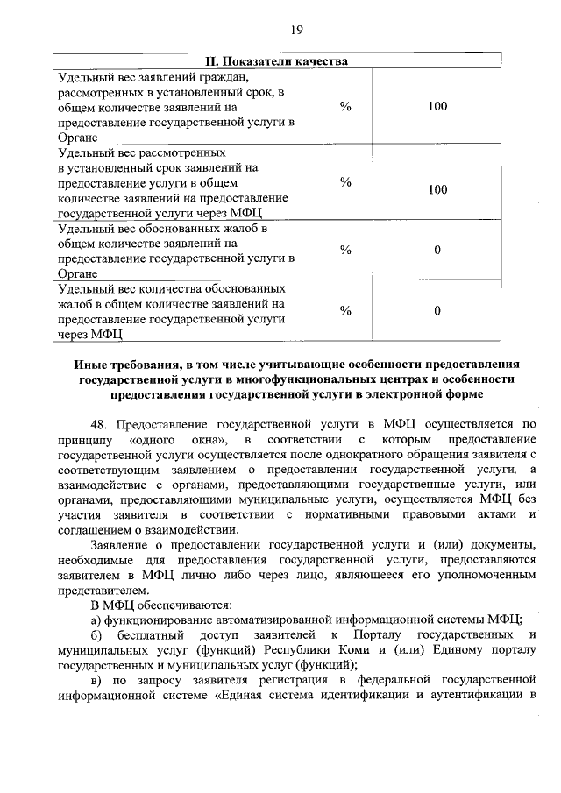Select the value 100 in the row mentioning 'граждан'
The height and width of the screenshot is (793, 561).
438,106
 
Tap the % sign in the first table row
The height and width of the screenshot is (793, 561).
345,106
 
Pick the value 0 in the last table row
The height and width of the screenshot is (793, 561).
437,310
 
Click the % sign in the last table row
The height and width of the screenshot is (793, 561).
345,310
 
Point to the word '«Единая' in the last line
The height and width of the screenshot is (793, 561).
236,696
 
